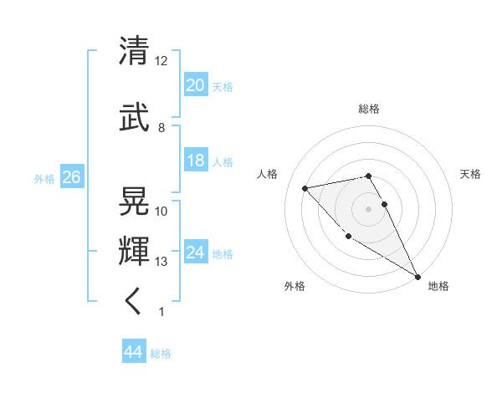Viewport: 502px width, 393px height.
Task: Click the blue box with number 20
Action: [x=196, y=84]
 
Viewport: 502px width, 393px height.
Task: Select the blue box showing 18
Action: [x=196, y=161]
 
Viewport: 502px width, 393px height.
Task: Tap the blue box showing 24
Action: [x=196, y=253]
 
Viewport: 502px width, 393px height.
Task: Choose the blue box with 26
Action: [x=71, y=177]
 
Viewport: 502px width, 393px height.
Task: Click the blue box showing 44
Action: [x=133, y=352]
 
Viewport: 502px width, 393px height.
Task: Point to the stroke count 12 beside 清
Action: [x=161, y=61]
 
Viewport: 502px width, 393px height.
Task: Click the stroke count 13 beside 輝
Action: [x=161, y=262]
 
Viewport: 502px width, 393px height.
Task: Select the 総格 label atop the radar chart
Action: [x=369, y=109]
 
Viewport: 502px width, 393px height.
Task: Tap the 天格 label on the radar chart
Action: [x=471, y=174]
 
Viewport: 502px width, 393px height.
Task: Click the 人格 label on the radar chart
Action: [x=268, y=174]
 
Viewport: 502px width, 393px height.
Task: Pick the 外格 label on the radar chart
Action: [x=295, y=286]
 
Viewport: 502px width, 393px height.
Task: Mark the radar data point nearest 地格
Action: [x=418, y=277]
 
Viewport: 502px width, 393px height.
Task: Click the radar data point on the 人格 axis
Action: [x=305, y=188]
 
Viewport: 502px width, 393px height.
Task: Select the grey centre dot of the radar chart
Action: [x=369, y=208]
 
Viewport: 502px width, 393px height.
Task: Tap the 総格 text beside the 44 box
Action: [x=161, y=354]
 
